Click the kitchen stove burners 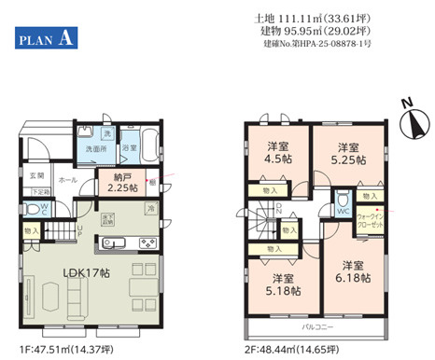pos(148,243)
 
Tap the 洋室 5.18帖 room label pos(284,284)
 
